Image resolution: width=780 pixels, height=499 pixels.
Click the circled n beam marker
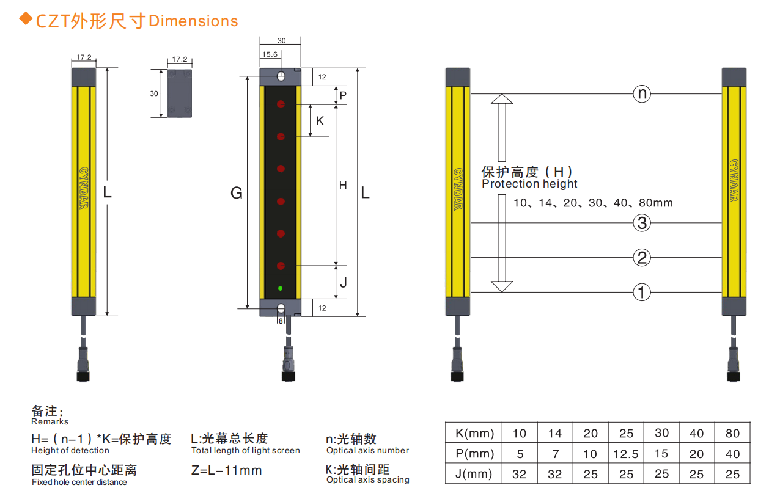641,94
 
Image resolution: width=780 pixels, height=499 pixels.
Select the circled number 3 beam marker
641,224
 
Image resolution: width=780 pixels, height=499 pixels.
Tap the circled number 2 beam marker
641,258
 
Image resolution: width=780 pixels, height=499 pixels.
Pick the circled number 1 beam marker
641,293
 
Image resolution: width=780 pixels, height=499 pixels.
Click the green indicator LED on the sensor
281,288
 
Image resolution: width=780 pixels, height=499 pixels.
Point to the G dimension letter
236,194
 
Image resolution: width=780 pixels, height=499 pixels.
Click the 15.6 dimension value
270,55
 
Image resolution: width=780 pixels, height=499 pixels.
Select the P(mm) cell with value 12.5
626,454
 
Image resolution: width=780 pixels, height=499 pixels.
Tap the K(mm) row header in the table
474,434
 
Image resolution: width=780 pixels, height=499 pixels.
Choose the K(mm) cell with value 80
732,434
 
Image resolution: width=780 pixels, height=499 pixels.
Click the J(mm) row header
474,474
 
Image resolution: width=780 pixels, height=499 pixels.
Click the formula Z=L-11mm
226,470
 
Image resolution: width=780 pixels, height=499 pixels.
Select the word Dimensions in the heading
193,21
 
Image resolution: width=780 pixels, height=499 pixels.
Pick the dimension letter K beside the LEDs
320,121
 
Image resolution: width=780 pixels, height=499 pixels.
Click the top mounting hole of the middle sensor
281,77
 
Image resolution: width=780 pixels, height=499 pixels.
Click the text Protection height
529,184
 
